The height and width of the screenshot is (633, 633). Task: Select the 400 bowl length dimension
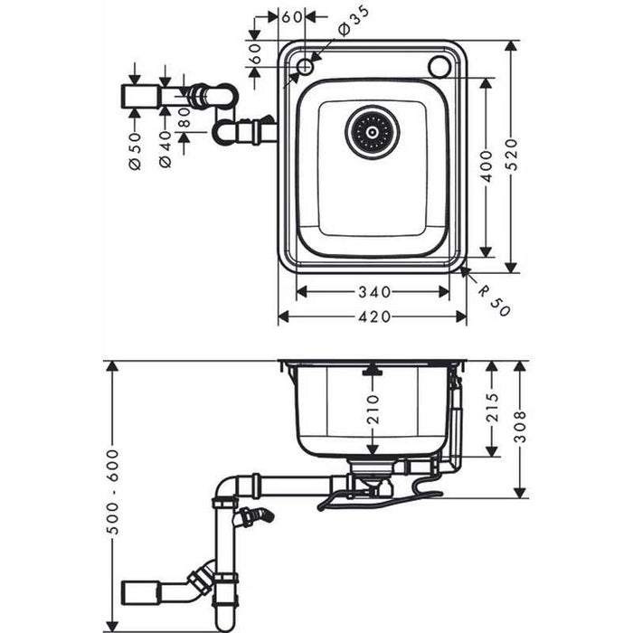(488, 166)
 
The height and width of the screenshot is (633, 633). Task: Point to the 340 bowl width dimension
(373, 292)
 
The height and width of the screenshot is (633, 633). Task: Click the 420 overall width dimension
(373, 316)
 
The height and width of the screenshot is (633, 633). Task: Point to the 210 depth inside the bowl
(373, 412)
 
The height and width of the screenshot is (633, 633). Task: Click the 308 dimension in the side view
(520, 429)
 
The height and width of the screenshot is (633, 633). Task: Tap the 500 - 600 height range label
(112, 493)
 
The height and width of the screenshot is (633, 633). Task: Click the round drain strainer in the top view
(372, 132)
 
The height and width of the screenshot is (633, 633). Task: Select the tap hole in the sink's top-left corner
(306, 66)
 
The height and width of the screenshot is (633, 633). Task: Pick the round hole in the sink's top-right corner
(439, 66)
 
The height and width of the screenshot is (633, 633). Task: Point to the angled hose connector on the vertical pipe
(253, 516)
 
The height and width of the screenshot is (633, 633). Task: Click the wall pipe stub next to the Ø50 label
(136, 95)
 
